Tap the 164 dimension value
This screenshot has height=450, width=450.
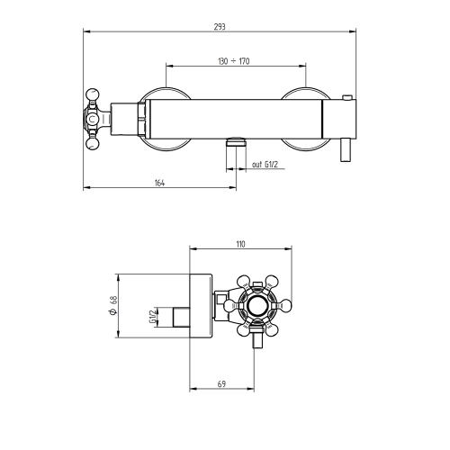(x=159, y=183)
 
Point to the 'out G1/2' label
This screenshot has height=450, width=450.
(x=267, y=164)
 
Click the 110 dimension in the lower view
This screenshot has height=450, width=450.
(x=240, y=244)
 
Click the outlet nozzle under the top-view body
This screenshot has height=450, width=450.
(x=236, y=141)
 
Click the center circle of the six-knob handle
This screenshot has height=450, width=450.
(x=258, y=306)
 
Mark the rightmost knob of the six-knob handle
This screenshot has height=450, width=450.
(x=290, y=306)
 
